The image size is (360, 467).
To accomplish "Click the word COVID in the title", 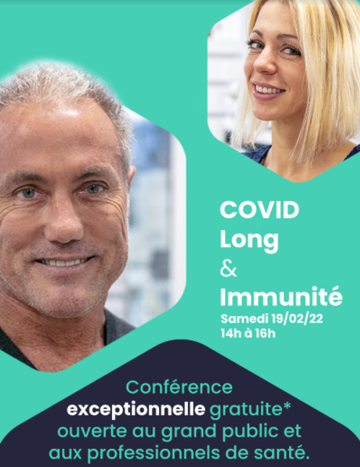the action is pyautogui.click(x=260, y=210).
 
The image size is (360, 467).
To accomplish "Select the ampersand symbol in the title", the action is pyautogui.click(x=228, y=269).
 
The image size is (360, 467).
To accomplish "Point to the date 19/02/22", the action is pyautogui.click(x=297, y=319).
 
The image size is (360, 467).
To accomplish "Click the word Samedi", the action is pyautogui.click(x=244, y=319).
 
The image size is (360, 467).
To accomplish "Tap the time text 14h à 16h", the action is pyautogui.click(x=248, y=333).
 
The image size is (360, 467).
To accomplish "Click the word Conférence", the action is pyautogui.click(x=179, y=387).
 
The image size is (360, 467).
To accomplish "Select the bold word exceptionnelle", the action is pyautogui.click(x=136, y=410).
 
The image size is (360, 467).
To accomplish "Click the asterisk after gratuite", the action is pyautogui.click(x=286, y=406).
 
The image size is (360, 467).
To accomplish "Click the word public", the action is pyautogui.click(x=244, y=432).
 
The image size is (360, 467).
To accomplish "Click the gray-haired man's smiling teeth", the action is pyautogui.click(x=64, y=262).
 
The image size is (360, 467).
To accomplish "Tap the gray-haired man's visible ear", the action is pyautogui.click(x=131, y=179).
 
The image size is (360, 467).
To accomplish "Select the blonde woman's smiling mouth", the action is pyautogui.click(x=268, y=90).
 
